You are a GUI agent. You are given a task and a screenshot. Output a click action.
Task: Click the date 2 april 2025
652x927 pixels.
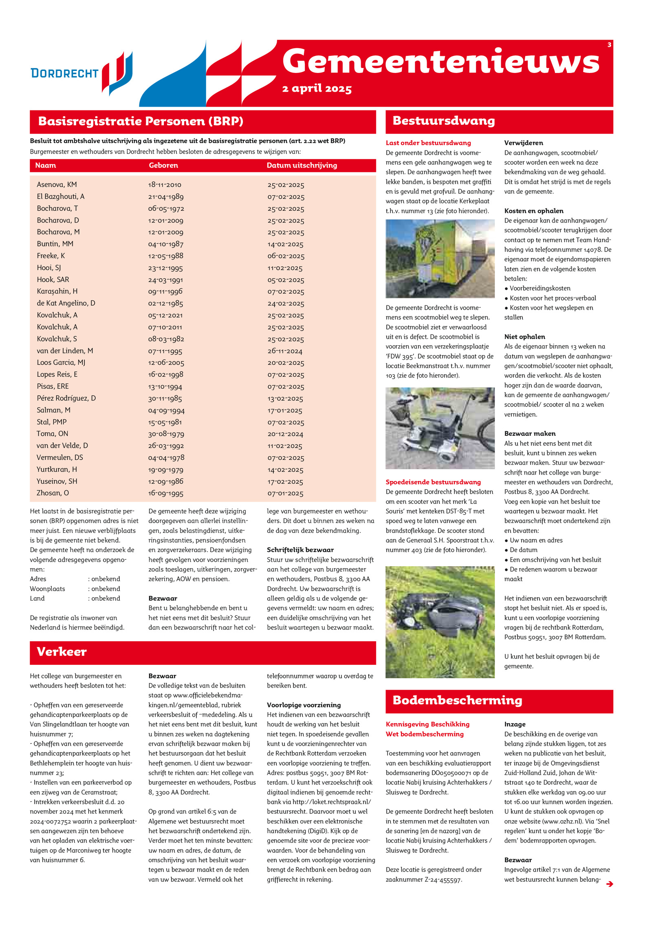point(317,88)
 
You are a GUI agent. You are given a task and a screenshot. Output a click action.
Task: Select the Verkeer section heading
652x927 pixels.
point(62,651)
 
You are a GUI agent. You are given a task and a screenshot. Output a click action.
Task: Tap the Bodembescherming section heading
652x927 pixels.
point(457,700)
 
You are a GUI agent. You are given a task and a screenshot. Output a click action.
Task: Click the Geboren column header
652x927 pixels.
point(163,165)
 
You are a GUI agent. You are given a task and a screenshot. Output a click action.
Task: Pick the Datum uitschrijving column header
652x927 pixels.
point(302,165)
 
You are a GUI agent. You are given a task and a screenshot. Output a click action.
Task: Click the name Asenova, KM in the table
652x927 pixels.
point(57,185)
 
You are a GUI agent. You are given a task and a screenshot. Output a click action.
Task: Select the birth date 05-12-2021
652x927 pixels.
point(165,315)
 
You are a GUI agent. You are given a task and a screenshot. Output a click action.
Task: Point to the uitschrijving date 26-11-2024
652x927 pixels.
point(285,351)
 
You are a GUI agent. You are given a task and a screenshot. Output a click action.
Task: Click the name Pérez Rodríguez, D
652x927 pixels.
point(66,398)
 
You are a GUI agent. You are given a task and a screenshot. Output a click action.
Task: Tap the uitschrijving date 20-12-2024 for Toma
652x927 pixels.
point(285,434)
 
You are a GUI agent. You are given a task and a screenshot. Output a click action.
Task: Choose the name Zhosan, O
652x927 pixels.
point(53,493)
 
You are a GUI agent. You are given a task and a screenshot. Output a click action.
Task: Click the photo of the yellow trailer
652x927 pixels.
point(440,258)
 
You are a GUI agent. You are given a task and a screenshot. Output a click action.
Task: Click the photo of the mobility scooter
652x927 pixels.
point(440,428)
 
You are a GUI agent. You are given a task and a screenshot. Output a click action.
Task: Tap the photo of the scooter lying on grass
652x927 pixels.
point(440,622)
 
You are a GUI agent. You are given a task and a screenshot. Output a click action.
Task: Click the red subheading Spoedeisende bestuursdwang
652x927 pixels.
point(433,482)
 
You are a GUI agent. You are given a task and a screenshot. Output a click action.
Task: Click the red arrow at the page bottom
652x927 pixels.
point(609,884)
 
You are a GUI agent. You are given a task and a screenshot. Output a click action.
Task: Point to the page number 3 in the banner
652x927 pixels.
point(609,45)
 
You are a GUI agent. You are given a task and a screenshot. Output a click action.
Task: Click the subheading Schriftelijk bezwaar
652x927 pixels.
point(300,550)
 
